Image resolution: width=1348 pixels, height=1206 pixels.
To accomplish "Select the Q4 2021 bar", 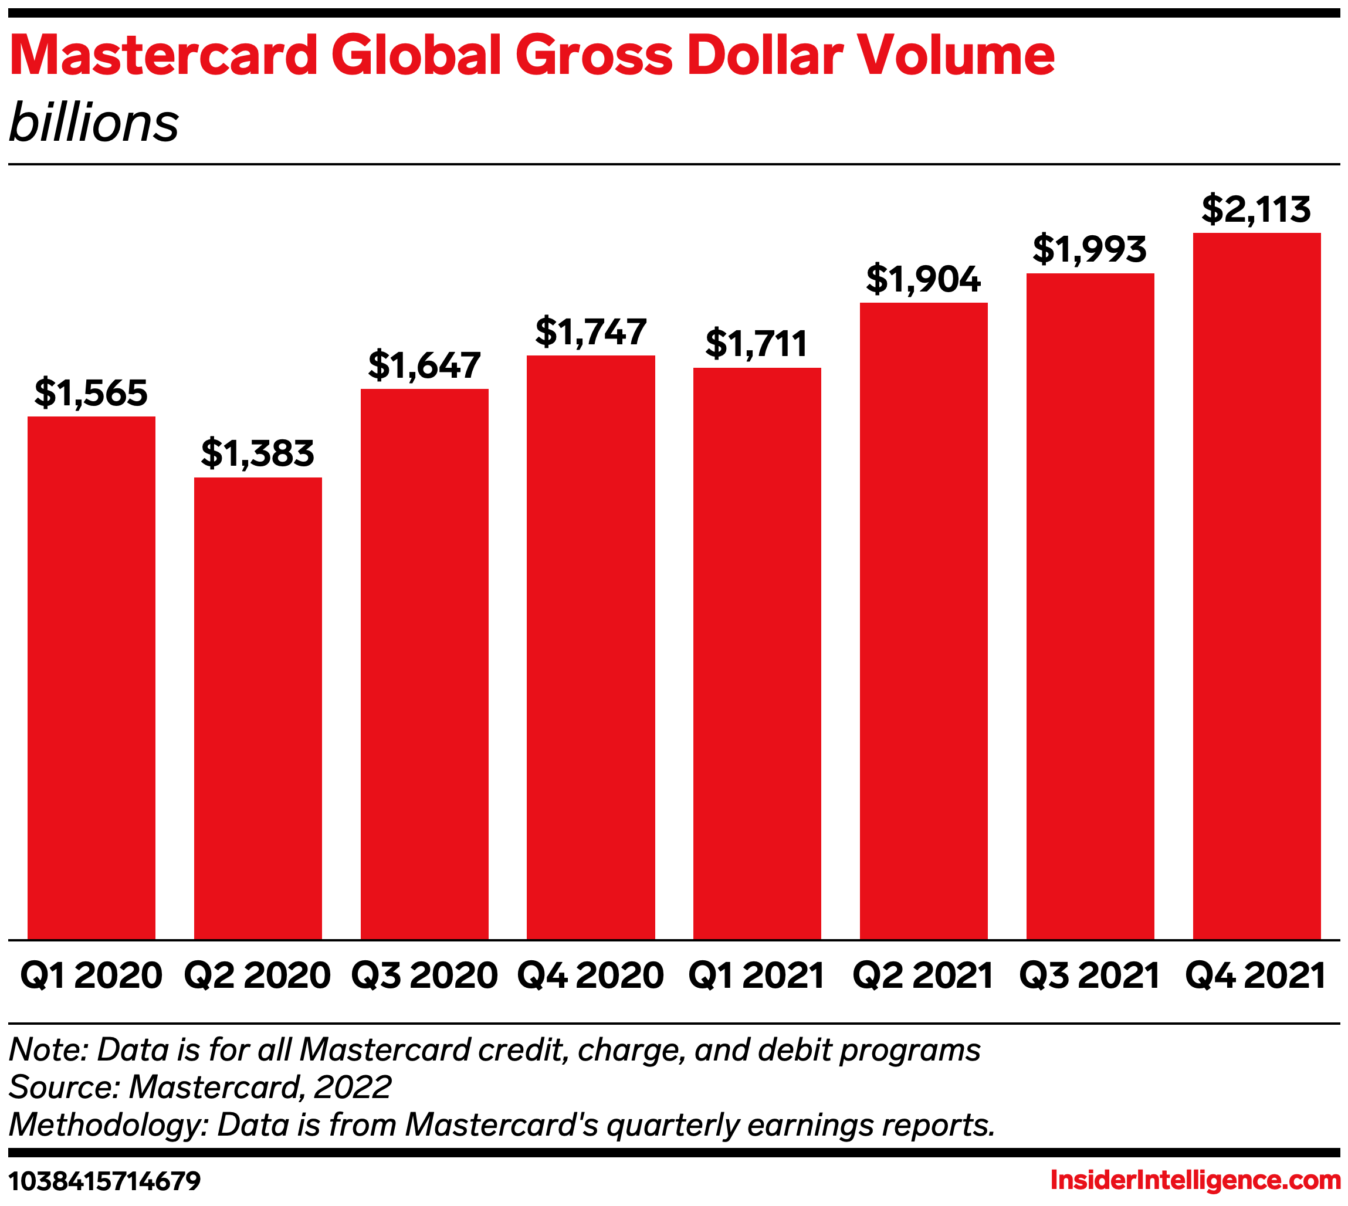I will point(1256,586).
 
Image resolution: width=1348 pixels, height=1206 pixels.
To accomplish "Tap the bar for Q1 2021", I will point(757,653).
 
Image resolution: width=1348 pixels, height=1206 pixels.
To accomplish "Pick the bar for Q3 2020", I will point(424,664).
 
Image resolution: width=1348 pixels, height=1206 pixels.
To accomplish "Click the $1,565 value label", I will point(92,393).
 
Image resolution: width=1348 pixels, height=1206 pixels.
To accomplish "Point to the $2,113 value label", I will point(1256,209).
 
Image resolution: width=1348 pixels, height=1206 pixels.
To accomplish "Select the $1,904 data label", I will point(923,280).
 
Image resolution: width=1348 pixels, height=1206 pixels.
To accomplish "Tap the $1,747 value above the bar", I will point(591,332).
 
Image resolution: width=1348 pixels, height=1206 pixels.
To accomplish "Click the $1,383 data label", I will point(258,454).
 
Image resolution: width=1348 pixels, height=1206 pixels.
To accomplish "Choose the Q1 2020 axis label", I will point(92,975).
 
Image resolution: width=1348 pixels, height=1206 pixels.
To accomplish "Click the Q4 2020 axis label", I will point(591,975).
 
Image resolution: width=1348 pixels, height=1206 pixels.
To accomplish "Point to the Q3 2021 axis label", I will point(1089,975).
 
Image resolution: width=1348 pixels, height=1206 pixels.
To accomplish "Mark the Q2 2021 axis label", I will point(923,975).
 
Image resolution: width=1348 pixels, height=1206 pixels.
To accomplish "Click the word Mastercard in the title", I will point(164,56).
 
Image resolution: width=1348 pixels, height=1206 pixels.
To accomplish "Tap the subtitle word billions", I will point(94,124).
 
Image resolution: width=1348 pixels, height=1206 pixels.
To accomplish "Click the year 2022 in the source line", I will point(353,1088).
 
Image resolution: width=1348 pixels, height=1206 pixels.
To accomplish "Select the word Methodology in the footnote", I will point(108,1125).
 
